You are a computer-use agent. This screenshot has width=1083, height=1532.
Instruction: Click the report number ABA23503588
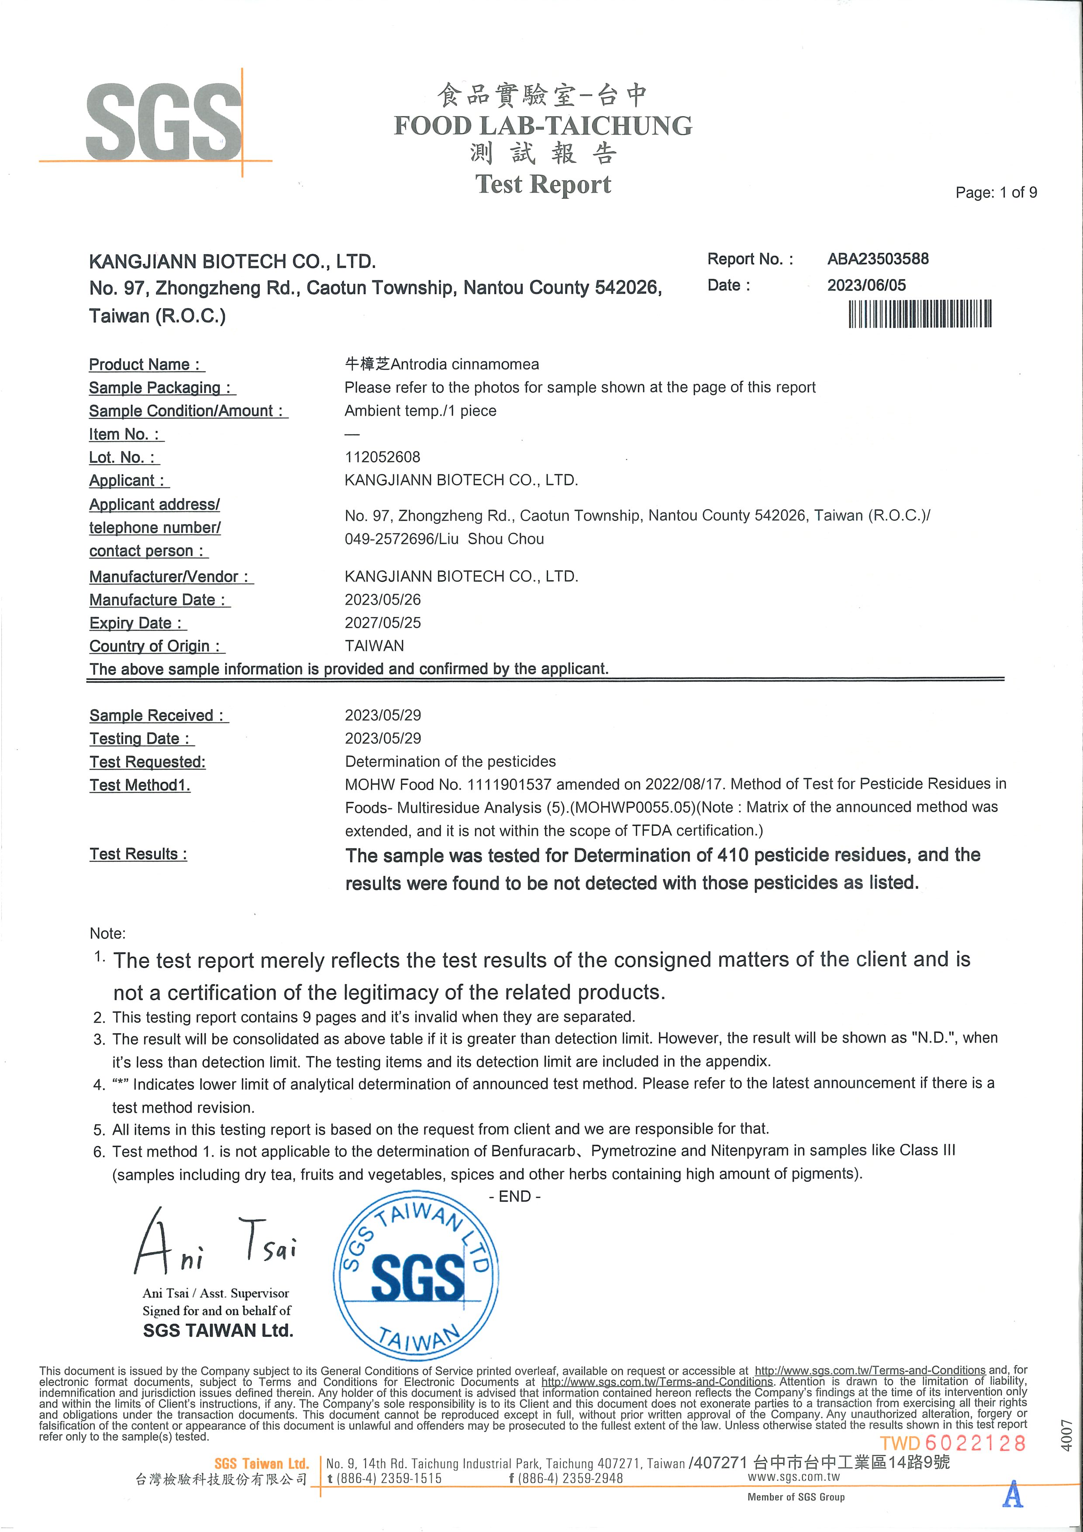pyautogui.click(x=877, y=259)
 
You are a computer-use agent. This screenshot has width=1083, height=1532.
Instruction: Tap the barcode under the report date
pyautogui.click(x=920, y=314)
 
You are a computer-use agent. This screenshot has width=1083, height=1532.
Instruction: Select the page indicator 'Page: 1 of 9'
pyautogui.click(x=996, y=193)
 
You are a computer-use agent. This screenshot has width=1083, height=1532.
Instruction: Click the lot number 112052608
pyautogui.click(x=383, y=457)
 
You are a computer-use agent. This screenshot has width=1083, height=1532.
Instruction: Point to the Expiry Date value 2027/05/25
pyautogui.click(x=383, y=623)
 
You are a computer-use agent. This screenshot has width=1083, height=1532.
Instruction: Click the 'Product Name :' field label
pyautogui.click(x=146, y=364)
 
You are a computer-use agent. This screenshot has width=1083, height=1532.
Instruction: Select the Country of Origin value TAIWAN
pyautogui.click(x=374, y=646)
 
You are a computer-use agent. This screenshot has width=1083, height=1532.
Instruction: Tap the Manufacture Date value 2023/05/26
pyautogui.click(x=383, y=599)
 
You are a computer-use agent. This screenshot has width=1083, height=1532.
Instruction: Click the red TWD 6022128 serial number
pyautogui.click(x=952, y=1443)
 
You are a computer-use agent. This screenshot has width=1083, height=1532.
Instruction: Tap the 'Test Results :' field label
pyautogui.click(x=138, y=854)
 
